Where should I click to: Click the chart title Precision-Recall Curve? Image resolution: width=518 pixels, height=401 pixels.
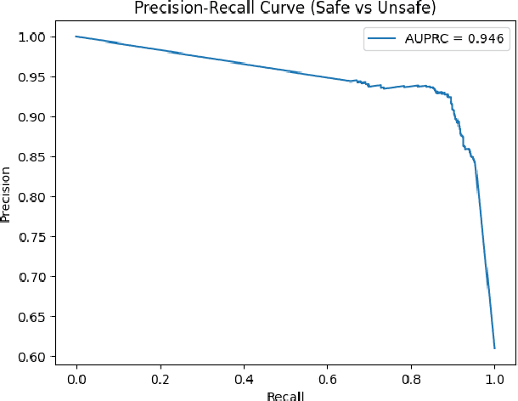point(285,9)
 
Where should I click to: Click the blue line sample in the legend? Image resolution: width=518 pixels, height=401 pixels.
point(380,37)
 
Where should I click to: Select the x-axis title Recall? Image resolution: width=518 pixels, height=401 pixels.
point(285,395)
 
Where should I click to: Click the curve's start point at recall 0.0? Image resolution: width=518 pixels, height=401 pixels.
point(76,37)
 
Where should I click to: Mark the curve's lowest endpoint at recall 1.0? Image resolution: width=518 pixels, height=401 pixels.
point(494,347)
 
